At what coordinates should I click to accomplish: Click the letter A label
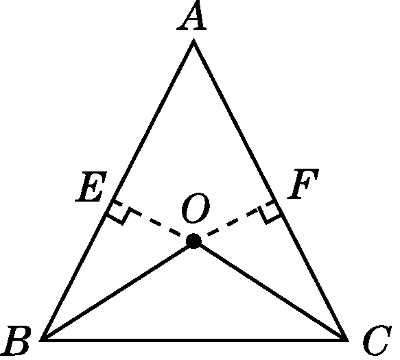[192, 16]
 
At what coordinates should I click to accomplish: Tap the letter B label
[16, 340]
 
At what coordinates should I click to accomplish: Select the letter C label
[377, 340]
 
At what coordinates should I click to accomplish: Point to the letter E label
[91, 187]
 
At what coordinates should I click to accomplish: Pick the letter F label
[303, 184]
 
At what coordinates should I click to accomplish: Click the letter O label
[196, 208]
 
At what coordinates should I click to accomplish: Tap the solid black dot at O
[193, 241]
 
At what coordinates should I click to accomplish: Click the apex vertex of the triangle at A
[193, 40]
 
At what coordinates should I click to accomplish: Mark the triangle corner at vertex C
[347, 340]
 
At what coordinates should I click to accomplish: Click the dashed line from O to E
[151, 220]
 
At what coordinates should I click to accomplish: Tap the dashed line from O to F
[235, 221]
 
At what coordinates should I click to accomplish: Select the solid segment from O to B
[117, 290]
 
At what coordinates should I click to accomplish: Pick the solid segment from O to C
[270, 290]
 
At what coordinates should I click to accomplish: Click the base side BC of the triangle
[194, 339]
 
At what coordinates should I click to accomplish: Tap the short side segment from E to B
[75, 272]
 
